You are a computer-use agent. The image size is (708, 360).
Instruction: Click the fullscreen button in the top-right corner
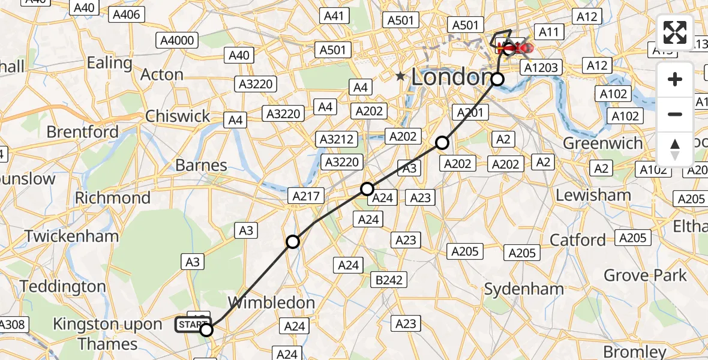pyautogui.click(x=675, y=32)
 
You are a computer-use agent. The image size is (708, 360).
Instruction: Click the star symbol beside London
pyautogui.click(x=400, y=77)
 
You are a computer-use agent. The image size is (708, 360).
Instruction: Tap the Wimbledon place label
pyautogui.click(x=272, y=303)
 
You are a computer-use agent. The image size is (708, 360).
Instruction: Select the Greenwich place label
pyautogui.click(x=602, y=144)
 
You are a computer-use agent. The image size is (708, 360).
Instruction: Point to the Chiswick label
pyautogui.click(x=178, y=116)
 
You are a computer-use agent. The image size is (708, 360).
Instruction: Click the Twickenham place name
pyautogui.click(x=71, y=236)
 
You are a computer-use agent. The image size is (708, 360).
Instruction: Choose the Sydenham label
pyautogui.click(x=524, y=289)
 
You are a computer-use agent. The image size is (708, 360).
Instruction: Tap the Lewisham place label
pyautogui.click(x=593, y=195)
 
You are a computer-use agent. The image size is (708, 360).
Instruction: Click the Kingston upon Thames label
pyautogui.click(x=107, y=334)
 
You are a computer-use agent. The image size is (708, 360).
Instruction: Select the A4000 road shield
pyautogui.click(x=177, y=40)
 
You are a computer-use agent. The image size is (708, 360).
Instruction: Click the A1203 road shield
pyautogui.click(x=541, y=68)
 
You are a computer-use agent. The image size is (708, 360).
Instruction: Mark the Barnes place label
pyautogui.click(x=201, y=165)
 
